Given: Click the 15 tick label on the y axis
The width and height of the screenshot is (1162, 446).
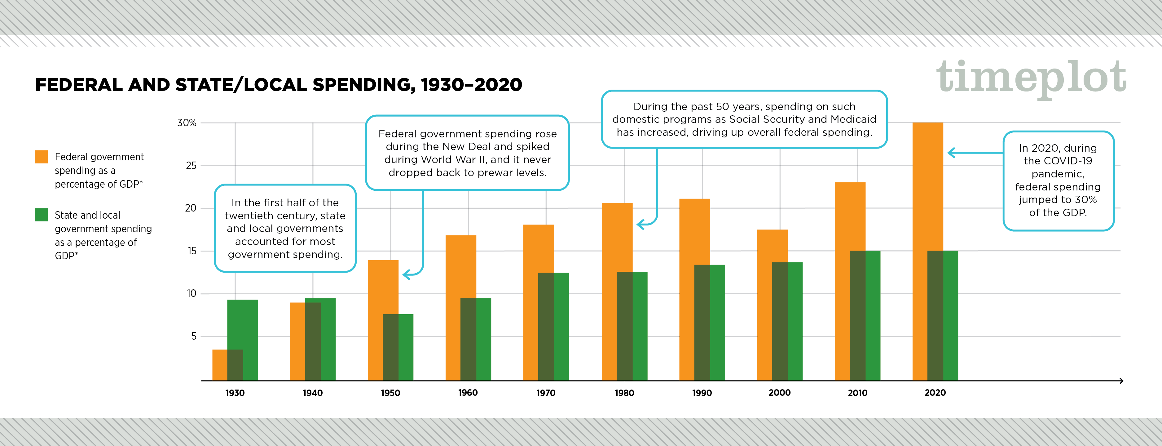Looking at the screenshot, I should [192, 251].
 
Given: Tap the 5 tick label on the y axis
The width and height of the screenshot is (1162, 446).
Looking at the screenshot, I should [194, 336].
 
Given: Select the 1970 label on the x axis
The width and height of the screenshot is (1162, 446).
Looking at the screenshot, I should [546, 393].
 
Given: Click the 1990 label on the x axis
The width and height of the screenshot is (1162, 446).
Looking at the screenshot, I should [702, 393].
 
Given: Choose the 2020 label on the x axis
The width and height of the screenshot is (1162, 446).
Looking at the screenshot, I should [935, 393].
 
